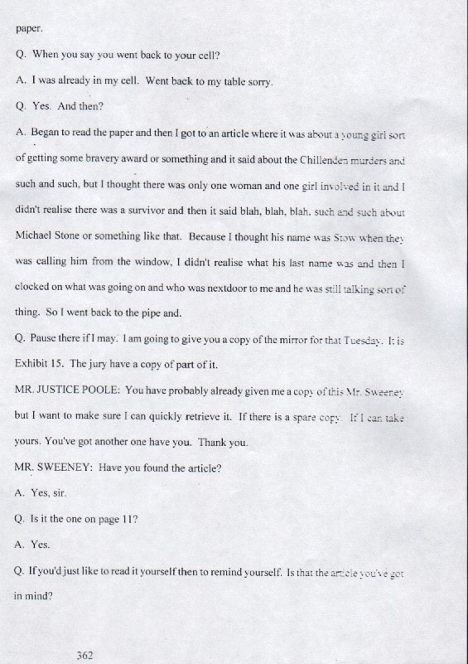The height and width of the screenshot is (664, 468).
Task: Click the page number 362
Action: tap(84, 655)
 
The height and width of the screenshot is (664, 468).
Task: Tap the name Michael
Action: tap(36, 235)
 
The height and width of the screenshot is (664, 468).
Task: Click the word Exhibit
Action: tap(33, 364)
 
